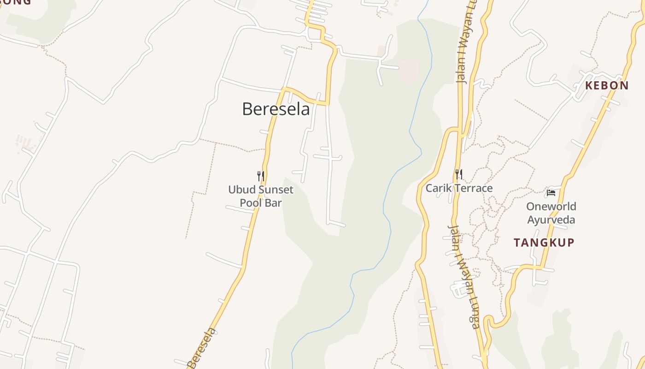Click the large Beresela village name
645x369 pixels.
pyautogui.click(x=276, y=109)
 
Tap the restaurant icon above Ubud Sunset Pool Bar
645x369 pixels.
pyautogui.click(x=260, y=176)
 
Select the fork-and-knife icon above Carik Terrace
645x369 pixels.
pyautogui.click(x=458, y=174)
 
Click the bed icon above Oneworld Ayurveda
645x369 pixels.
pyautogui.click(x=551, y=192)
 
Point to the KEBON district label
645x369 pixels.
pyautogui.click(x=607, y=85)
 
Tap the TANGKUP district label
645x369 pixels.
pyautogui.click(x=544, y=243)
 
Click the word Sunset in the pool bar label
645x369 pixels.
pyautogui.click(x=275, y=190)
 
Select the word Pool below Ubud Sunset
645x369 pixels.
pyautogui.click(x=252, y=202)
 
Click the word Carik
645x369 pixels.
pyautogui.click(x=438, y=188)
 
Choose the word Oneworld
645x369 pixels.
pyautogui.click(x=551, y=206)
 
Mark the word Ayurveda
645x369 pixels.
pyautogui.click(x=551, y=220)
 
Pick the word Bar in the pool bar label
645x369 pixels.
pyautogui.click(x=273, y=202)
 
